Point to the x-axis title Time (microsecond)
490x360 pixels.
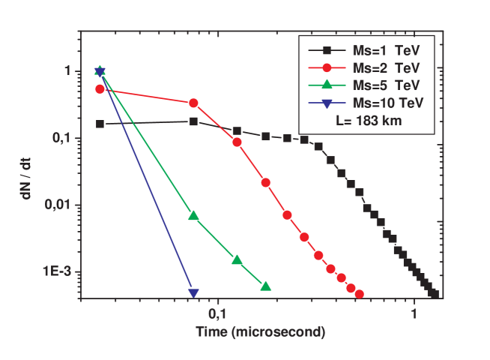pyautogui.click(x=260, y=331)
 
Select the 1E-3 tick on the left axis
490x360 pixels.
pyautogui.click(x=58, y=271)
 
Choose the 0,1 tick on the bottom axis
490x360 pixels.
pyautogui.click(x=217, y=311)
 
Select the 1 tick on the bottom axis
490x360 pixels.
pyautogui.click(x=414, y=311)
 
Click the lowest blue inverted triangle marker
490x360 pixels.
pyautogui.click(x=193, y=293)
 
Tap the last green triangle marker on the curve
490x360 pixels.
pyautogui.click(x=265, y=286)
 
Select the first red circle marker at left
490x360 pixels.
pyautogui.click(x=100, y=88)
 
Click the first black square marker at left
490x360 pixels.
pyautogui.click(x=100, y=124)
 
